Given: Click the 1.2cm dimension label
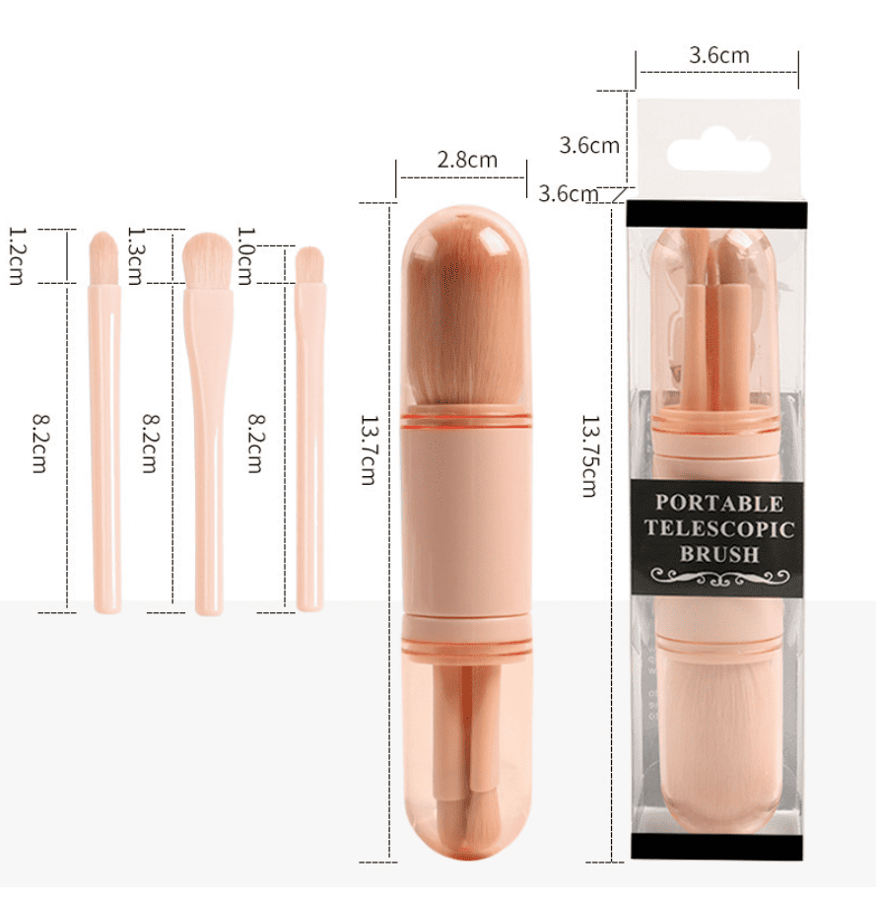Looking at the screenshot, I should click(x=17, y=256).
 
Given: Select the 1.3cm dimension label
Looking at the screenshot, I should click(x=135, y=256).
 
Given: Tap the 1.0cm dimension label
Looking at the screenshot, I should click(x=245, y=256).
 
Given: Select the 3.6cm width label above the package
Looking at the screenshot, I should click(x=718, y=55).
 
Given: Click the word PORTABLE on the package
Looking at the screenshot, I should click(x=719, y=504).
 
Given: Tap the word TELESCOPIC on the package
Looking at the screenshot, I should click(x=719, y=529).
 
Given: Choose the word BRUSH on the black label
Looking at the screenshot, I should click(x=719, y=554).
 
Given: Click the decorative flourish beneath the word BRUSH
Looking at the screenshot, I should click(x=719, y=578).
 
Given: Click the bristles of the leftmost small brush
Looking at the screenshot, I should click(x=103, y=257).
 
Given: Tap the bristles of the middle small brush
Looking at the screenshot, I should click(x=207, y=259).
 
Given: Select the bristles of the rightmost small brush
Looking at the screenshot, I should click(x=309, y=264).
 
